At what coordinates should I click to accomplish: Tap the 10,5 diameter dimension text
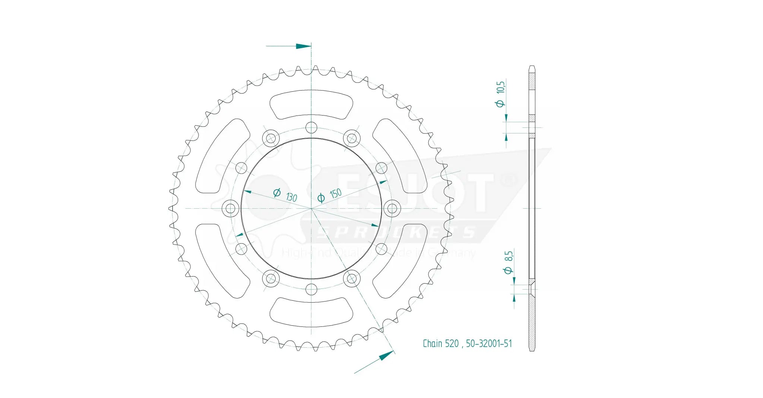(500, 93)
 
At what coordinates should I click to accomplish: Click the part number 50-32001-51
(489, 344)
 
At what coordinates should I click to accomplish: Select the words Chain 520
(440, 344)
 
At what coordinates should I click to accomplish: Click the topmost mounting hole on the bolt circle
(311, 128)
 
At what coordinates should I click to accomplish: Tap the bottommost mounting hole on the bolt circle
(311, 289)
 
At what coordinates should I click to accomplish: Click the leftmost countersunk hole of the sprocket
(231, 208)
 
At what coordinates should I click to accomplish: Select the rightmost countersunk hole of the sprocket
(392, 208)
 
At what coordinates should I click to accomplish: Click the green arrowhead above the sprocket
(303, 46)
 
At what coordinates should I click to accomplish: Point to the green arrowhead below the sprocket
(386, 356)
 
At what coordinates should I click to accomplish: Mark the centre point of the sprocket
(311, 208)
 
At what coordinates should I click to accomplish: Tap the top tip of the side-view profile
(532, 67)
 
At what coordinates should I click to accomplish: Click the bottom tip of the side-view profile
(532, 350)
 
